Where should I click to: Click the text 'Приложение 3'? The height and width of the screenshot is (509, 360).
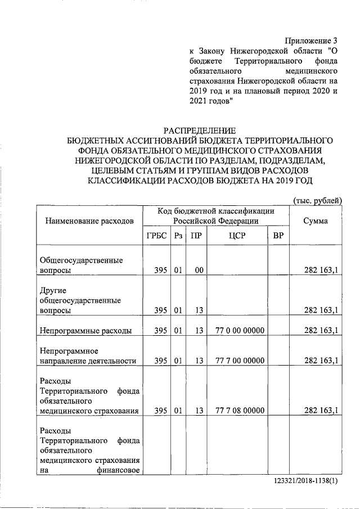[x=312, y=40]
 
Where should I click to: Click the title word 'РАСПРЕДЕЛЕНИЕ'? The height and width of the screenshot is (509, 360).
[x=200, y=130]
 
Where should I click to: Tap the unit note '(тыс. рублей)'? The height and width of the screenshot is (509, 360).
[x=318, y=201]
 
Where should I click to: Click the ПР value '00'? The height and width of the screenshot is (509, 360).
[x=199, y=271]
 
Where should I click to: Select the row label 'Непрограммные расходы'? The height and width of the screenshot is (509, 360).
[x=85, y=331]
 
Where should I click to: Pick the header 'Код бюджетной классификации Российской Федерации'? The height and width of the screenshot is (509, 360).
[x=216, y=215]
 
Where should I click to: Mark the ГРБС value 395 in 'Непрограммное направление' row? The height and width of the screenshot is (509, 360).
[x=161, y=361]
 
